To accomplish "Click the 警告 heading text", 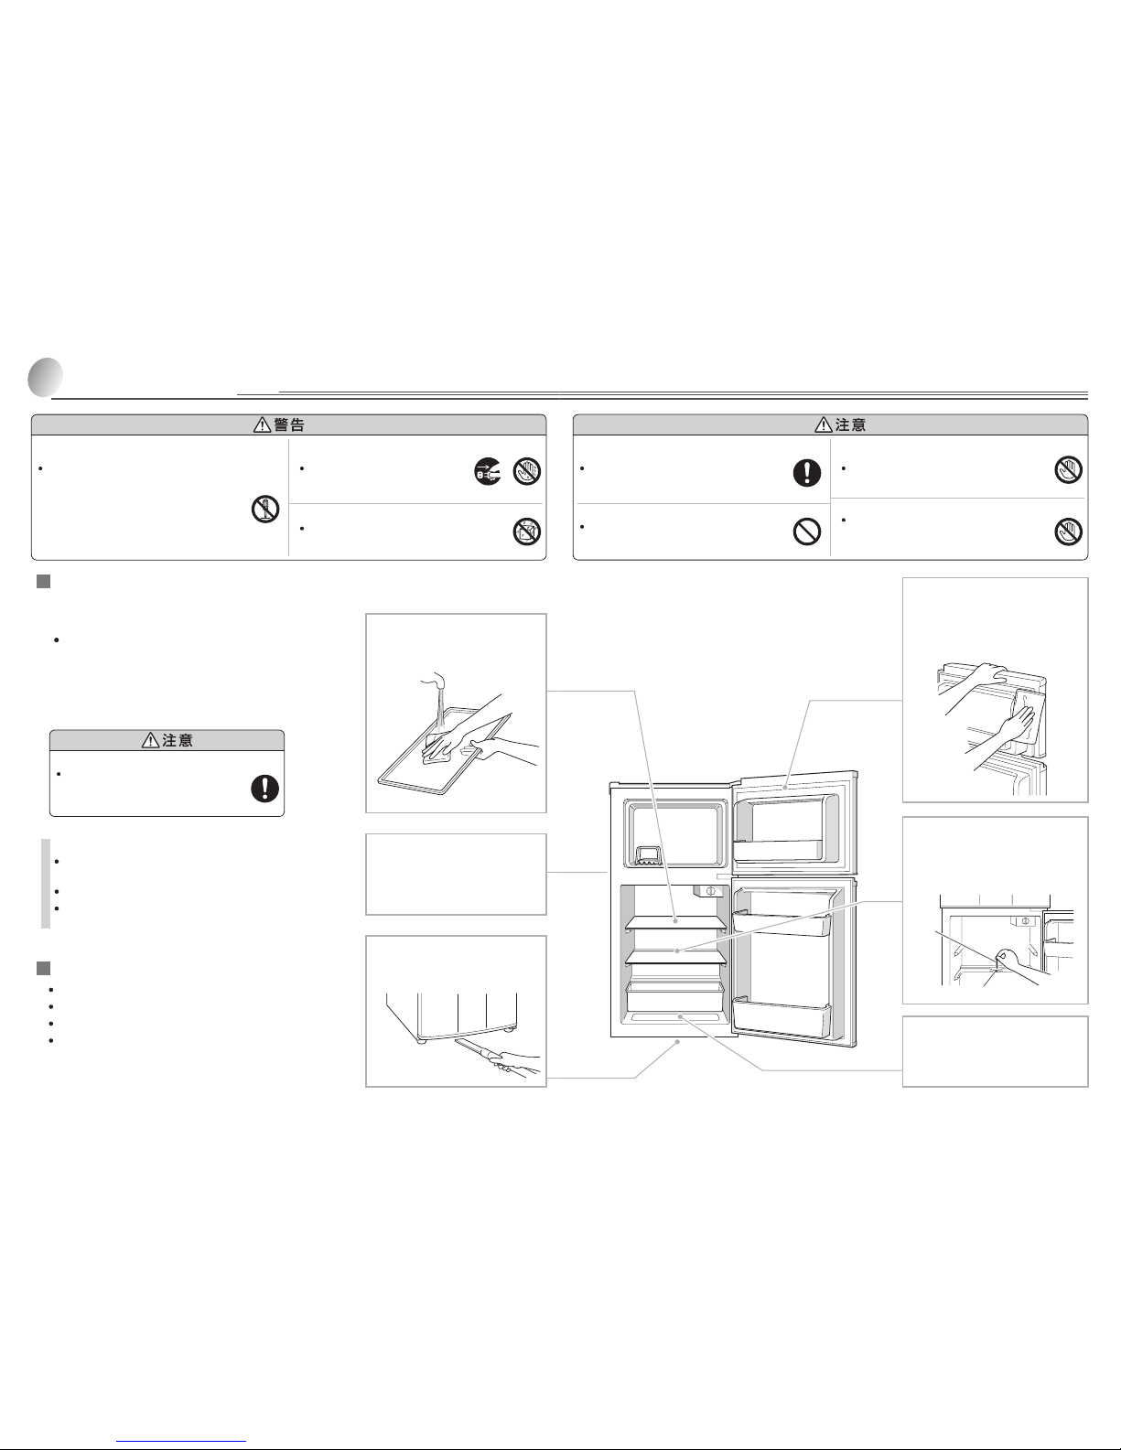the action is click(289, 425).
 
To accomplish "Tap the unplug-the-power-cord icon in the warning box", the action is click(488, 471).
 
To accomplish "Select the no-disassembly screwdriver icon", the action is click(264, 510).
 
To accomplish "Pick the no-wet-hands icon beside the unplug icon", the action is click(526, 471).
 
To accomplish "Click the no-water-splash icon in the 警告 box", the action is click(526, 532).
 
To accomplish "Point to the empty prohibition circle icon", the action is click(807, 532).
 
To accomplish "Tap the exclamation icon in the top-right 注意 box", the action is click(807, 472).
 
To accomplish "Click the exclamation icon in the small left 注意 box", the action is click(264, 788).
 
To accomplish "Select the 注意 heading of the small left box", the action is click(177, 740).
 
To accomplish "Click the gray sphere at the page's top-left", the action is click(46, 377).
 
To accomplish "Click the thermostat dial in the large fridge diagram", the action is click(710, 891).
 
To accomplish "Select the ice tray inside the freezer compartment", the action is click(647, 855).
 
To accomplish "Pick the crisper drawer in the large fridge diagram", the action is click(674, 997).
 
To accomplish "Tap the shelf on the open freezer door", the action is click(778, 850).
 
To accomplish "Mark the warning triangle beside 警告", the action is click(263, 424).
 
